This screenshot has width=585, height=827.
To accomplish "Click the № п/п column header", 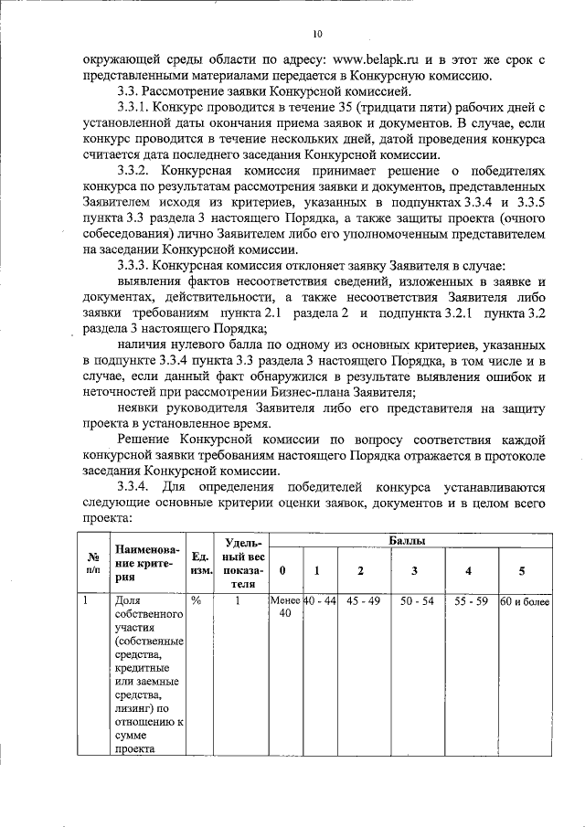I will (x=92, y=562).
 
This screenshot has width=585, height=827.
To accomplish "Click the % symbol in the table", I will (x=197, y=601).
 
